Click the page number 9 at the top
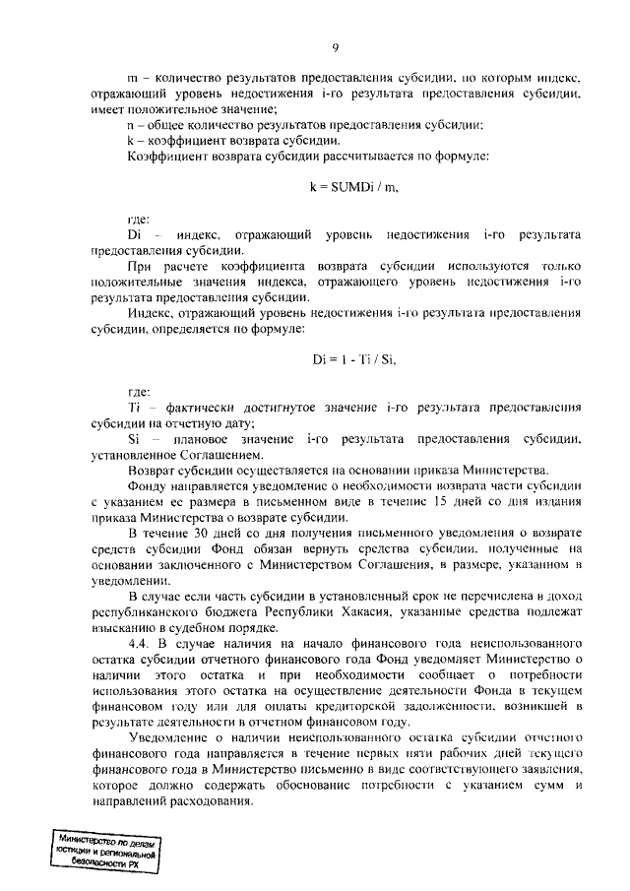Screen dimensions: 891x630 click(335, 48)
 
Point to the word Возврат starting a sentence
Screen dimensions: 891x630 click(155, 470)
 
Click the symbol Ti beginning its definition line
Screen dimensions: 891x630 click(135, 407)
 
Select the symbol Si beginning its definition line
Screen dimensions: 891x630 click(135, 438)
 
